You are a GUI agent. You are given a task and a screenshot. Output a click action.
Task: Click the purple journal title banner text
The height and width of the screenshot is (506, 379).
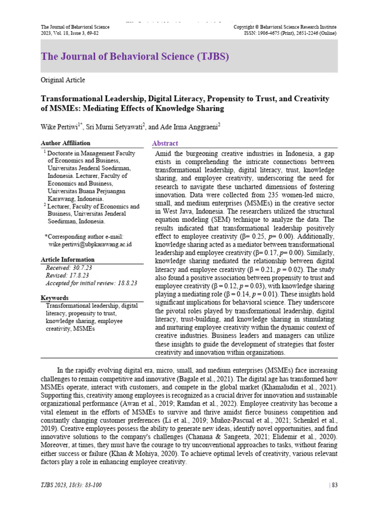(135, 56)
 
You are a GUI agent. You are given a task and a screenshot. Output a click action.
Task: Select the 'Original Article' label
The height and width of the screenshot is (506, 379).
(63, 80)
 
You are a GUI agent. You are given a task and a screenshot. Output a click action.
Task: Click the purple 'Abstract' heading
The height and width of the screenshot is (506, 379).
(165, 143)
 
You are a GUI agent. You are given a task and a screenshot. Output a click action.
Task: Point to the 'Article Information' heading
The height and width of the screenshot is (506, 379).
(68, 259)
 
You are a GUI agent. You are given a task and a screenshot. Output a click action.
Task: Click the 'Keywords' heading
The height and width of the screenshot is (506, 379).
(54, 298)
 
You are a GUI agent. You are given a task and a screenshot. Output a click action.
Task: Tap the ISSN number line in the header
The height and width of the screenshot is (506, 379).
(290, 33)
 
